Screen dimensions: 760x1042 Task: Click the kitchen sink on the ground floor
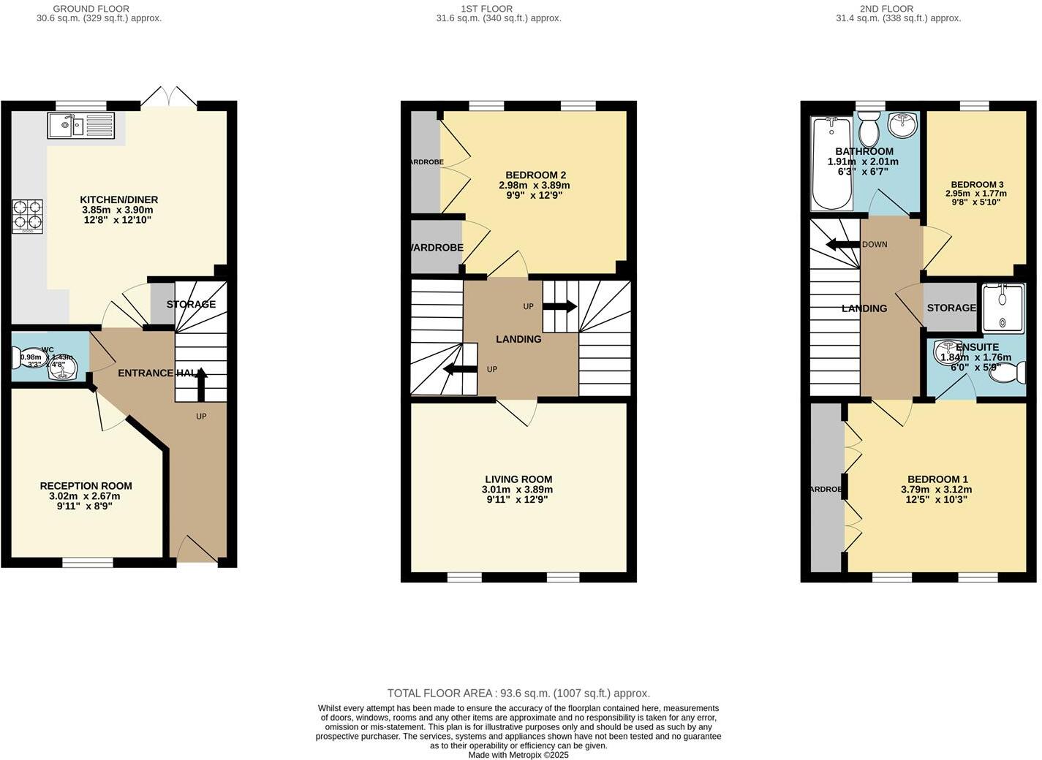80,126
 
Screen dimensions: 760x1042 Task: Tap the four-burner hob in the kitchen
27,216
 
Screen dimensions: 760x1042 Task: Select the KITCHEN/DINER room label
118,199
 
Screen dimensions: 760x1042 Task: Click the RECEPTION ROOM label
86,486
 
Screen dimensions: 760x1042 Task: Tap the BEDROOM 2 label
535,175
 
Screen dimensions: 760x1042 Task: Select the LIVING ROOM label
518,479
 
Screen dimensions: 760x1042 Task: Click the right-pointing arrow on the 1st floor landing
559,306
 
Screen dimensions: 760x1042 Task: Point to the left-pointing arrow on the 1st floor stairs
461,369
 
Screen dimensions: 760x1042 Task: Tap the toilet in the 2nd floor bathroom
869,130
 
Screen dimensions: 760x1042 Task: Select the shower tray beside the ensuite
1003,308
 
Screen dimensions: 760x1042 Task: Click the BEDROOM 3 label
976,185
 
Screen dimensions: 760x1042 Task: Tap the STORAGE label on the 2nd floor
951,308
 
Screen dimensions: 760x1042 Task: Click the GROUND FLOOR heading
102,9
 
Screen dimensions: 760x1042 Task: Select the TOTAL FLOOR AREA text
518,693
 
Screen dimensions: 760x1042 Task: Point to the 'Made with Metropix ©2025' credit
518,755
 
